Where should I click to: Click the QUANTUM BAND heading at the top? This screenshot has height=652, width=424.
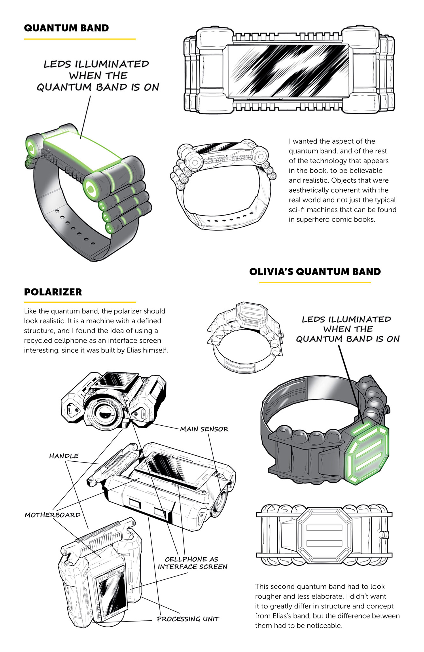point(66,28)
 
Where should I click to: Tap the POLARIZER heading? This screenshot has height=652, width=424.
point(53,292)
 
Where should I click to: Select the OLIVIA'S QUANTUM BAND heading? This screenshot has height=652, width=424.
point(315,271)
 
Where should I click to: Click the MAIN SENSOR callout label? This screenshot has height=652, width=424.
point(204,429)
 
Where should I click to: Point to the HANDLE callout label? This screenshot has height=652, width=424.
point(64,456)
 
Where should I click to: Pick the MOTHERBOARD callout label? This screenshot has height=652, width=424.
point(53,515)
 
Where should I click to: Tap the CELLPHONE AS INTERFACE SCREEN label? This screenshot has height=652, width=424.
point(193,563)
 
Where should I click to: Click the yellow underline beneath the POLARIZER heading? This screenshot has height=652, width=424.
point(80,302)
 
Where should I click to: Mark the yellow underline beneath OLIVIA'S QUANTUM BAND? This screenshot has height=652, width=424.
point(315,282)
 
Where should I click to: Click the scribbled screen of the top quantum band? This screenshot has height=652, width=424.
point(288,70)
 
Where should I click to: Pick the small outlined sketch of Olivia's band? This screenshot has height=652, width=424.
point(245,337)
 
